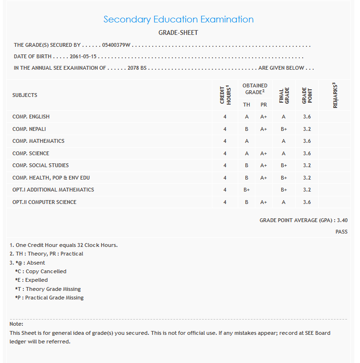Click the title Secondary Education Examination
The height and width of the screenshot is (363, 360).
(x=179, y=20)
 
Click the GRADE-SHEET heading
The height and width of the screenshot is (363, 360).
(x=178, y=33)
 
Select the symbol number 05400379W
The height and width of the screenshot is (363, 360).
(x=116, y=45)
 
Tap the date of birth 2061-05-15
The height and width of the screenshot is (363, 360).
(x=84, y=56)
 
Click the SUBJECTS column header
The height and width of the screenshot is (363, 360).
(x=25, y=95)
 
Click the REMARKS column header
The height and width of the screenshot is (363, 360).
(x=335, y=95)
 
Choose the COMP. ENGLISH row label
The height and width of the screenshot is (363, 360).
(x=31, y=117)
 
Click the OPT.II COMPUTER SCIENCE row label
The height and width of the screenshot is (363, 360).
(x=44, y=202)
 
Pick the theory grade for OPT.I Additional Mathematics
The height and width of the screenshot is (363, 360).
(x=247, y=190)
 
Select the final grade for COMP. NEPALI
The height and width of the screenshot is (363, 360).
(x=284, y=129)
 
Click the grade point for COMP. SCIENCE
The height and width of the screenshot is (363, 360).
(x=307, y=153)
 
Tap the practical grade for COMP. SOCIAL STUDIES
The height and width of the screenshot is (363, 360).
(x=264, y=165)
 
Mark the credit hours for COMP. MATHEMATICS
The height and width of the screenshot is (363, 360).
(x=225, y=141)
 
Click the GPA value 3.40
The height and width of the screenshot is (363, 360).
(x=342, y=220)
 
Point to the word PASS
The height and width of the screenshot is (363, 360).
(x=341, y=232)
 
